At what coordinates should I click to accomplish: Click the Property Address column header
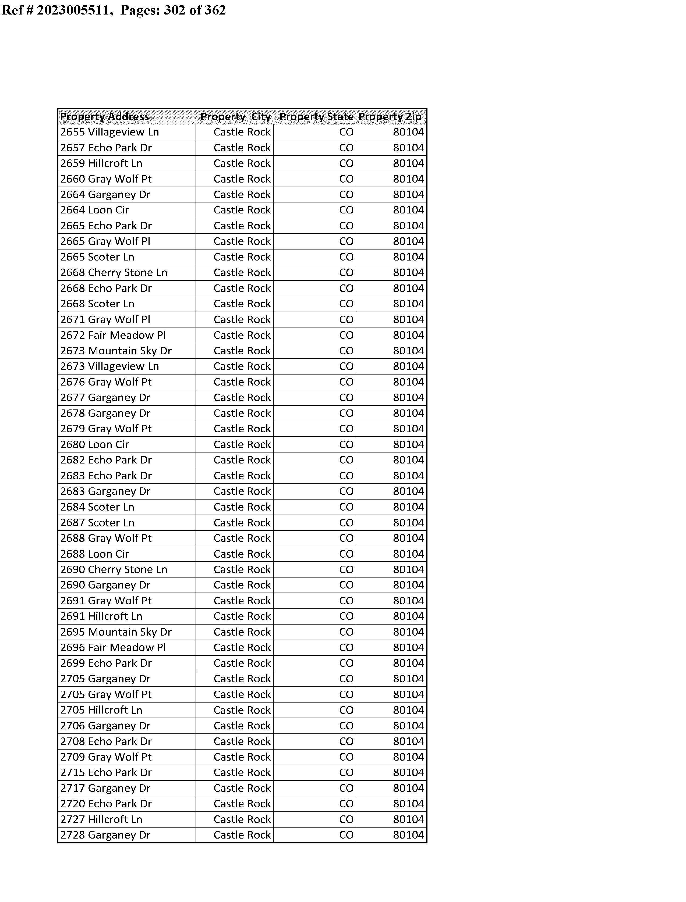[x=105, y=117]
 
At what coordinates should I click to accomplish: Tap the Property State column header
[x=316, y=117]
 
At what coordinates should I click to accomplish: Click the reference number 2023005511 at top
[x=73, y=10]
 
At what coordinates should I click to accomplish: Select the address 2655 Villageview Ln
[x=109, y=132]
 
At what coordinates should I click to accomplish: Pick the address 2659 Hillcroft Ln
[x=101, y=163]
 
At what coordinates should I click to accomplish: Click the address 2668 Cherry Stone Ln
[x=114, y=273]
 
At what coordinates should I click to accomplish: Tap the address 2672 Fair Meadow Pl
[x=113, y=335]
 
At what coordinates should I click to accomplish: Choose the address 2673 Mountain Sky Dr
[x=116, y=351]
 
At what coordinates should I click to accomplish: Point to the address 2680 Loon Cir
[x=94, y=445]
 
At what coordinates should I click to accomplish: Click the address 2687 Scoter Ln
[x=97, y=523]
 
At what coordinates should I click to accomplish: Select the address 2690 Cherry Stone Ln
[x=114, y=569]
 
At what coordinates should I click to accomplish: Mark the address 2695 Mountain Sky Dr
[x=116, y=632]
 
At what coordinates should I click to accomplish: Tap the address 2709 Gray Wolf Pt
[x=106, y=757]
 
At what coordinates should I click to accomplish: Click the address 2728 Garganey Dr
[x=105, y=835]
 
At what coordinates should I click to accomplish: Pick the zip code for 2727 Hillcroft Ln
[x=408, y=819]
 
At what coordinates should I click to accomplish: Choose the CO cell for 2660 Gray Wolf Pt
[x=346, y=179]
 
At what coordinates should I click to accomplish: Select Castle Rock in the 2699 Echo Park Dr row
[x=242, y=663]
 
